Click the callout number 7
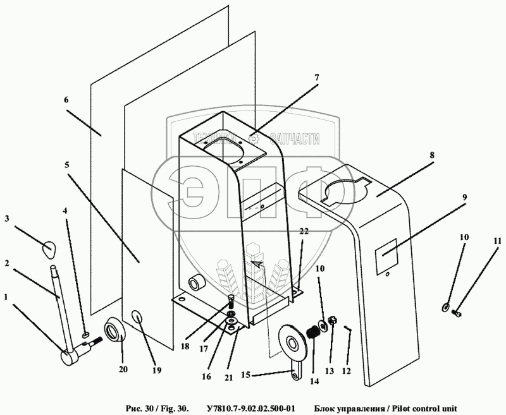[317, 78]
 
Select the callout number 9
[464, 197]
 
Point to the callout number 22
[304, 232]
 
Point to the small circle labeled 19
[139, 317]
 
